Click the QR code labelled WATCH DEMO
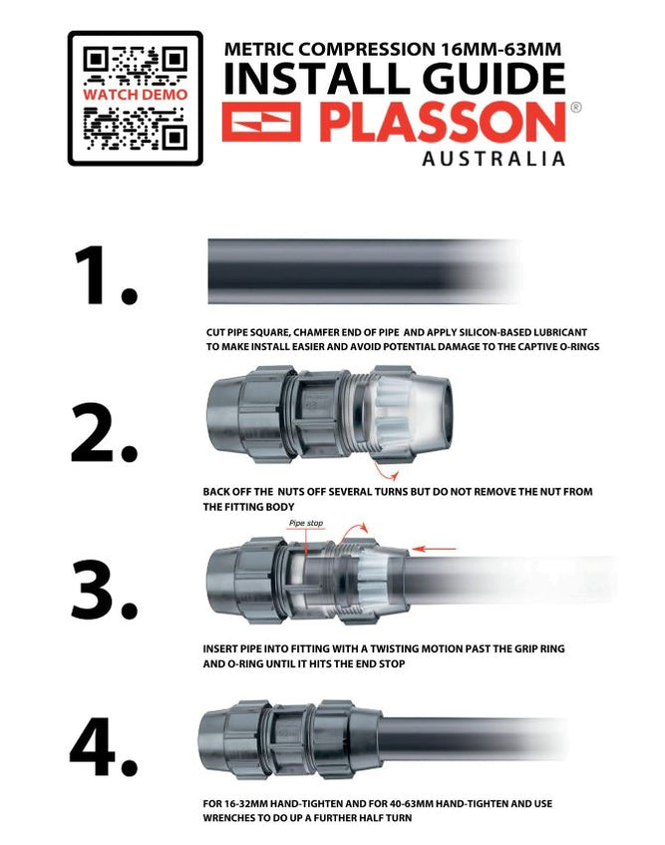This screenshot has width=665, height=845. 135,98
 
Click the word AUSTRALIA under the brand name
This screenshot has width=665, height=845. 494,160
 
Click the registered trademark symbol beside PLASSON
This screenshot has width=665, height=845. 575,107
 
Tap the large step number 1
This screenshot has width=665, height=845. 104,276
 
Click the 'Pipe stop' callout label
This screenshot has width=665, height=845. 306,523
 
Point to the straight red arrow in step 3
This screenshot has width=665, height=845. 435,548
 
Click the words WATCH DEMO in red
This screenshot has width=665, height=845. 135,94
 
